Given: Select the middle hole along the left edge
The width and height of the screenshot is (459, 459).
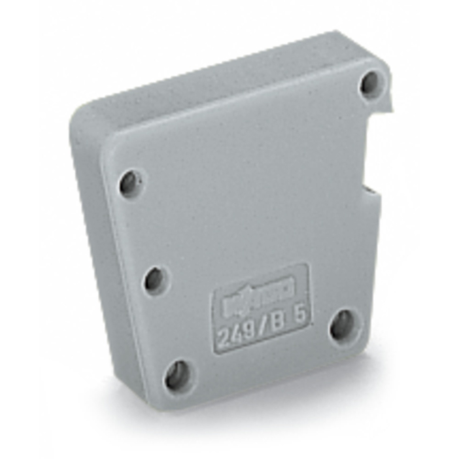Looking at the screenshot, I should click(155, 280).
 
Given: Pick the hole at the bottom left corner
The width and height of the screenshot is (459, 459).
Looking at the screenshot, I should click(178, 375).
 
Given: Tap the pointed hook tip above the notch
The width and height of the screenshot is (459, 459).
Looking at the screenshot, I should click(392, 109).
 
